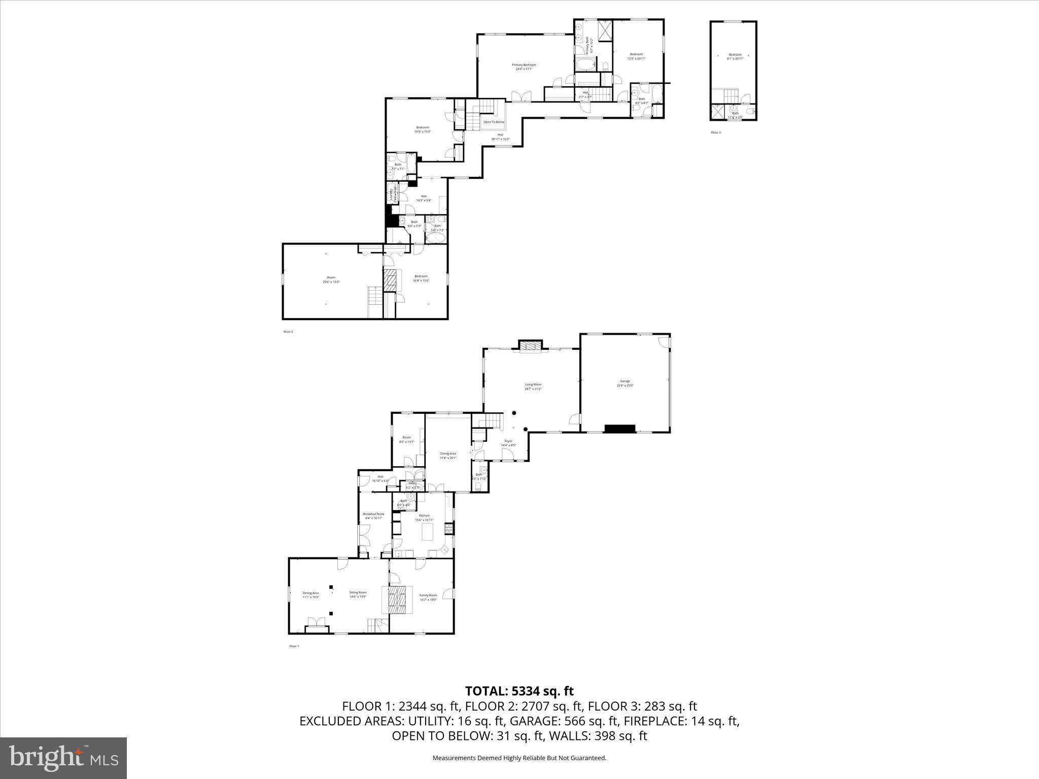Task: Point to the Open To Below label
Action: point(494,122)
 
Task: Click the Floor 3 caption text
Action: point(715,133)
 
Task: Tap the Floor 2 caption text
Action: point(288,332)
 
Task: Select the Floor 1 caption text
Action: point(294,646)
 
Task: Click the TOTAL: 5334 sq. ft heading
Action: point(519,691)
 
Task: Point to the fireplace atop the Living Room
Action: point(530,346)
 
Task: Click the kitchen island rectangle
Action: point(428,533)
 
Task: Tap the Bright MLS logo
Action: point(63,758)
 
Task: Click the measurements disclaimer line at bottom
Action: point(519,758)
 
